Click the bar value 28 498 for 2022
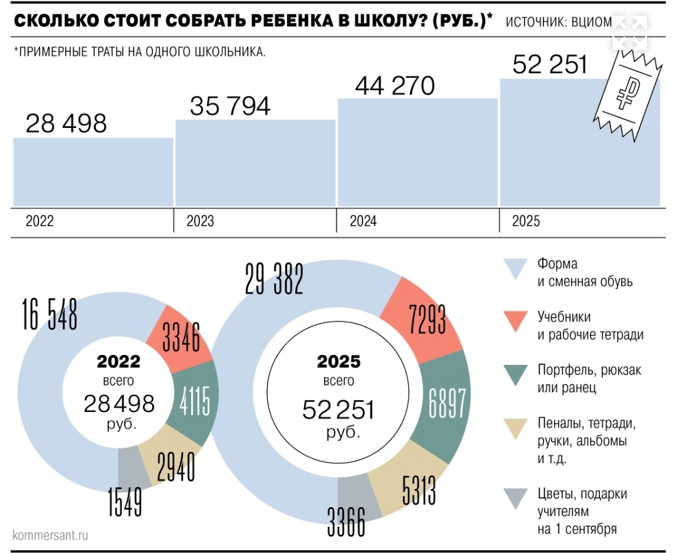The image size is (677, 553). coord(66,124)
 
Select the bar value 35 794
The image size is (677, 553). coord(230,106)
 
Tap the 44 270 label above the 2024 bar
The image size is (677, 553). coord(395,86)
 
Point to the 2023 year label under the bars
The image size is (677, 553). coord(200,221)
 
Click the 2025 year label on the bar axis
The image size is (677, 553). coord(525,221)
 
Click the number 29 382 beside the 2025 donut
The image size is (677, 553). coord(274,278)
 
